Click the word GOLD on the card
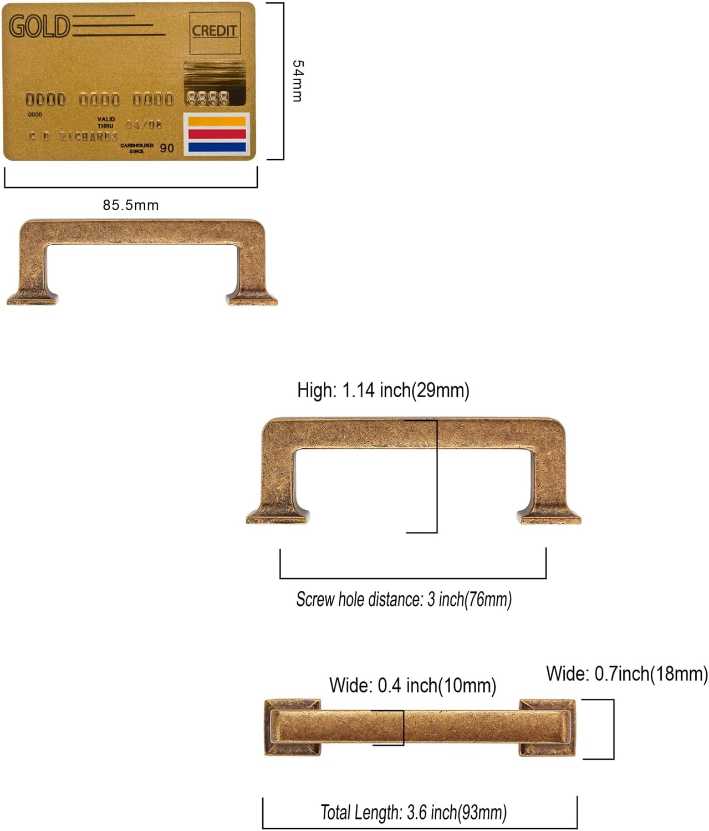[x=39, y=26]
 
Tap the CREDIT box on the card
[x=215, y=31]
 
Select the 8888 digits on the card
[x=207, y=99]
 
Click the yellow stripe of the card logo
[x=217, y=121]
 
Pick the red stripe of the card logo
[x=217, y=134]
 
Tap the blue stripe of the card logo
[x=217, y=148]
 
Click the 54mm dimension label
[x=298, y=81]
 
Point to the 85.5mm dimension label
[x=131, y=205]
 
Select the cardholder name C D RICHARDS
[x=73, y=136]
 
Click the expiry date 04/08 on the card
[x=144, y=125]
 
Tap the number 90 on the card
[x=167, y=148]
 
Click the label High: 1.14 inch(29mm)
[x=383, y=390]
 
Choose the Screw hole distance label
[x=404, y=600]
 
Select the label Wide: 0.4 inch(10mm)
[x=412, y=686]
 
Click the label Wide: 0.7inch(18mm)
[x=627, y=674]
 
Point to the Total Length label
[x=414, y=813]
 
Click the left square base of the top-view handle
[x=292, y=727]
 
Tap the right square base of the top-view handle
[x=547, y=727]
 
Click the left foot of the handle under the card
[x=32, y=298]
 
